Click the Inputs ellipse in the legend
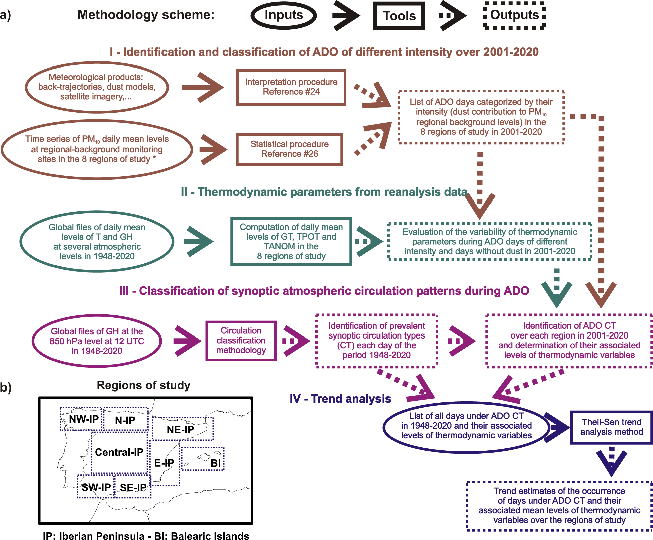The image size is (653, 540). pyautogui.click(x=284, y=15)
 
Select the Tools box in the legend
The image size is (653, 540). pyautogui.click(x=399, y=16)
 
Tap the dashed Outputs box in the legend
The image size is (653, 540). pyautogui.click(x=514, y=15)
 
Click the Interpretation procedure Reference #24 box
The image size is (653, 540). pyautogui.click(x=291, y=87)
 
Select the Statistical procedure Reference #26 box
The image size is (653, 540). pyautogui.click(x=290, y=149)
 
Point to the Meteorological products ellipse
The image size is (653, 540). pyautogui.click(x=97, y=87)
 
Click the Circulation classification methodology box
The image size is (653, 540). pyautogui.click(x=241, y=341)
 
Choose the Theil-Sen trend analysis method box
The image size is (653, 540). pyautogui.click(x=611, y=427)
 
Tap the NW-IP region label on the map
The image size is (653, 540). pyautogui.click(x=84, y=419)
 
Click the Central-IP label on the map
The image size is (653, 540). pyautogui.click(x=119, y=452)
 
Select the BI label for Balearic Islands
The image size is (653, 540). pyautogui.click(x=216, y=463)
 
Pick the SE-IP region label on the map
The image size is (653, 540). pyautogui.click(x=133, y=488)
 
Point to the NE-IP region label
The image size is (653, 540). pyautogui.click(x=180, y=430)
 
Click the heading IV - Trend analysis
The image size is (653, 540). pyautogui.click(x=340, y=399)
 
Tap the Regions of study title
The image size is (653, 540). pyautogui.click(x=143, y=385)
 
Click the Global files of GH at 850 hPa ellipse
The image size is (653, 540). pyautogui.click(x=97, y=341)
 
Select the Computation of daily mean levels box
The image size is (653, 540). pyautogui.click(x=291, y=241)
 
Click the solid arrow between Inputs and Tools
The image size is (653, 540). pyautogui.click(x=346, y=15)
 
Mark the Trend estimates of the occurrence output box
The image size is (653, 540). pyautogui.click(x=559, y=506)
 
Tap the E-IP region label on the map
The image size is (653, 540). pyautogui.click(x=164, y=463)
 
